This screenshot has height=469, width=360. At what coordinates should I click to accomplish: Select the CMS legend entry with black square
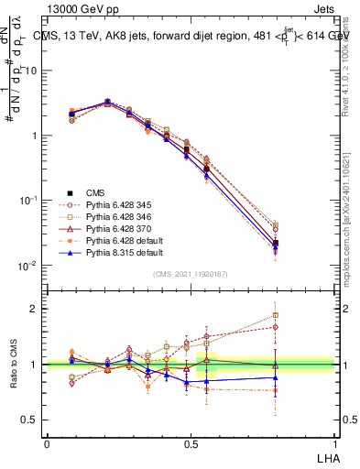coord(95,192)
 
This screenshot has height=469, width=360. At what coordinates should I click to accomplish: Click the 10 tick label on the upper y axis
coord(34,71)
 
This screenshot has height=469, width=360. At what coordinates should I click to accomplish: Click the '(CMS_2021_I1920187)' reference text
coord(190,273)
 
